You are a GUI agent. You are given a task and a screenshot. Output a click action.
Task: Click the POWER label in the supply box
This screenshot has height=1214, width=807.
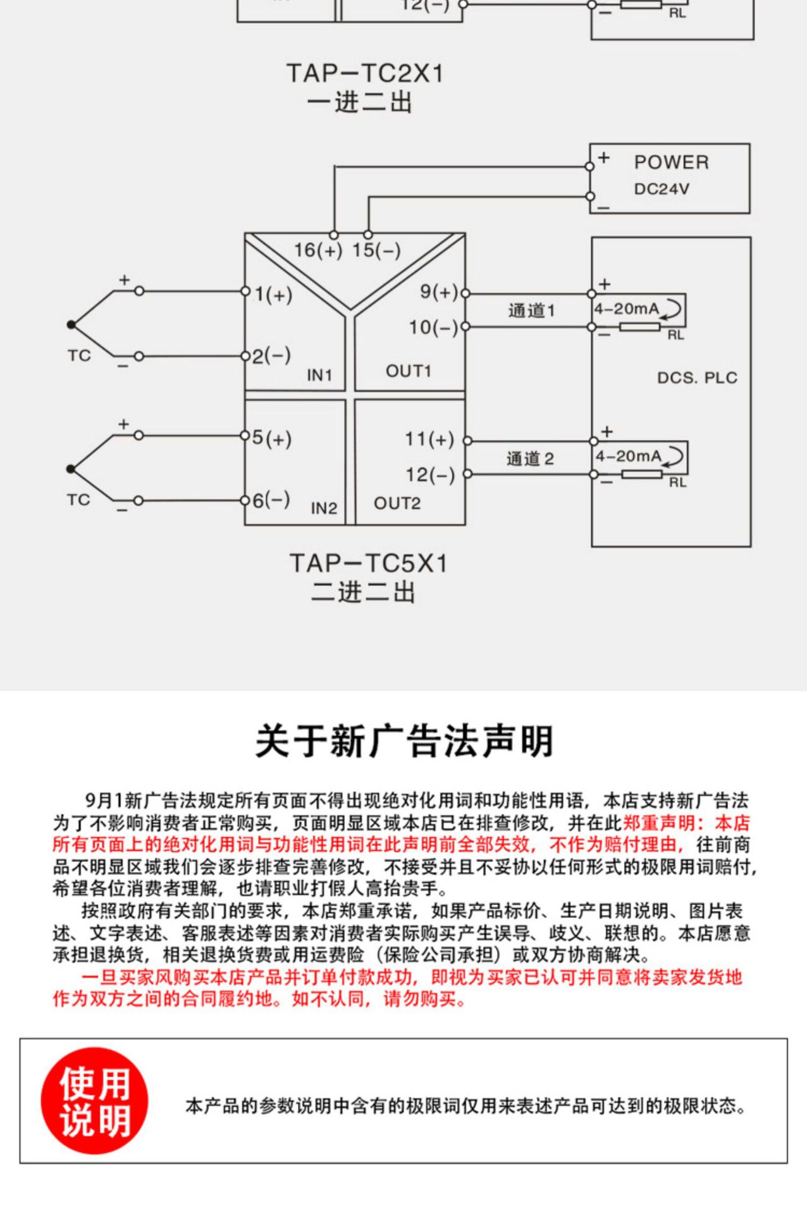[671, 162]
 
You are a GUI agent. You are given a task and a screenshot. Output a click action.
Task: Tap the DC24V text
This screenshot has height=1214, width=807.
[662, 189]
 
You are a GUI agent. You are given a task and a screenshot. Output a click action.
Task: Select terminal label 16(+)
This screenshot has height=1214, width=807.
[317, 250]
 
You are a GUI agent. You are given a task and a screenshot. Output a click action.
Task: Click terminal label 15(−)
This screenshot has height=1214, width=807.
[376, 250]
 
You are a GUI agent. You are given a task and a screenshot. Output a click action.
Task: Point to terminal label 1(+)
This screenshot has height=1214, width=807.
[273, 295]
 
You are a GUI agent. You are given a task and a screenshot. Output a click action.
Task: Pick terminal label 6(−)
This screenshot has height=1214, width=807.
[271, 500]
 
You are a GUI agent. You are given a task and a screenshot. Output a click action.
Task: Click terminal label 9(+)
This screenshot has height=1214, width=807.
[439, 292]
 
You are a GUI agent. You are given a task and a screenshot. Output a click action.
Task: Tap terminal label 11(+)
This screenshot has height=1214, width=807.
[429, 439]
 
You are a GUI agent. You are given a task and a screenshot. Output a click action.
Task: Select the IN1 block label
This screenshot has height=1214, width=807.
[319, 375]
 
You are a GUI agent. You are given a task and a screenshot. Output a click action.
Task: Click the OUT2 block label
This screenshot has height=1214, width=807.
[397, 503]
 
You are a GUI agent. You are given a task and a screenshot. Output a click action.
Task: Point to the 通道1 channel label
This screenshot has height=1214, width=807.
[531, 310]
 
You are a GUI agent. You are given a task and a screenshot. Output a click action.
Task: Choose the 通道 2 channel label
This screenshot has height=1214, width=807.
[530, 458]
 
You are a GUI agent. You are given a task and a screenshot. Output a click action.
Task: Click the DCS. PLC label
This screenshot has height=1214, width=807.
[697, 378]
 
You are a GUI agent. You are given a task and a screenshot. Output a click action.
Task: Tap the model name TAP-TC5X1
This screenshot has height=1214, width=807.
[369, 563]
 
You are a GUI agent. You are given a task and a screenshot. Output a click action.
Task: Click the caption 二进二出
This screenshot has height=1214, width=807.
[363, 592]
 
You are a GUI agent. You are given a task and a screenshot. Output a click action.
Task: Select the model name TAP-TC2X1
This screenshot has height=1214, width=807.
[365, 73]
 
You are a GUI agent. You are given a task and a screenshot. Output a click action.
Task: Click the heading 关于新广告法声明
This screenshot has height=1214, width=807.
[404, 741]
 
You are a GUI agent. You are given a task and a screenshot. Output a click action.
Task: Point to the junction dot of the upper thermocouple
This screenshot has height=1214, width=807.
[71, 324]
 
